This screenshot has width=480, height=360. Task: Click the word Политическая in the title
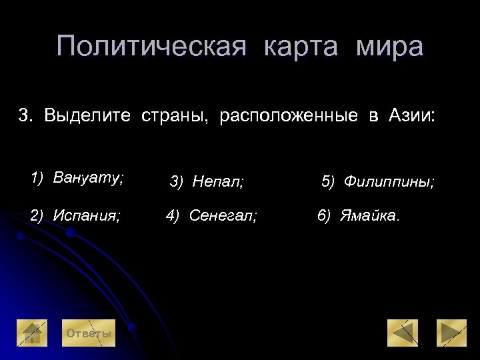[x=151, y=47]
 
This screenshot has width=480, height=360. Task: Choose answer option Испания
[x=87, y=215]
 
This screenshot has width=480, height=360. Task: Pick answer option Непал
[x=218, y=181]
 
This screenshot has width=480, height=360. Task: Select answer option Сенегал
[x=223, y=215]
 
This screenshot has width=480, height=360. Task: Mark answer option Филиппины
[x=389, y=181]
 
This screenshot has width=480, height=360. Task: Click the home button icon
[x=32, y=333]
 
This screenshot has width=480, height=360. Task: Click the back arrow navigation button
[x=403, y=333]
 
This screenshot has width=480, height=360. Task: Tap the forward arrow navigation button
[x=451, y=333]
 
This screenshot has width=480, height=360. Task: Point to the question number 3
[x=25, y=116]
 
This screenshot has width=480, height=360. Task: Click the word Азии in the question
[x=411, y=116]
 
